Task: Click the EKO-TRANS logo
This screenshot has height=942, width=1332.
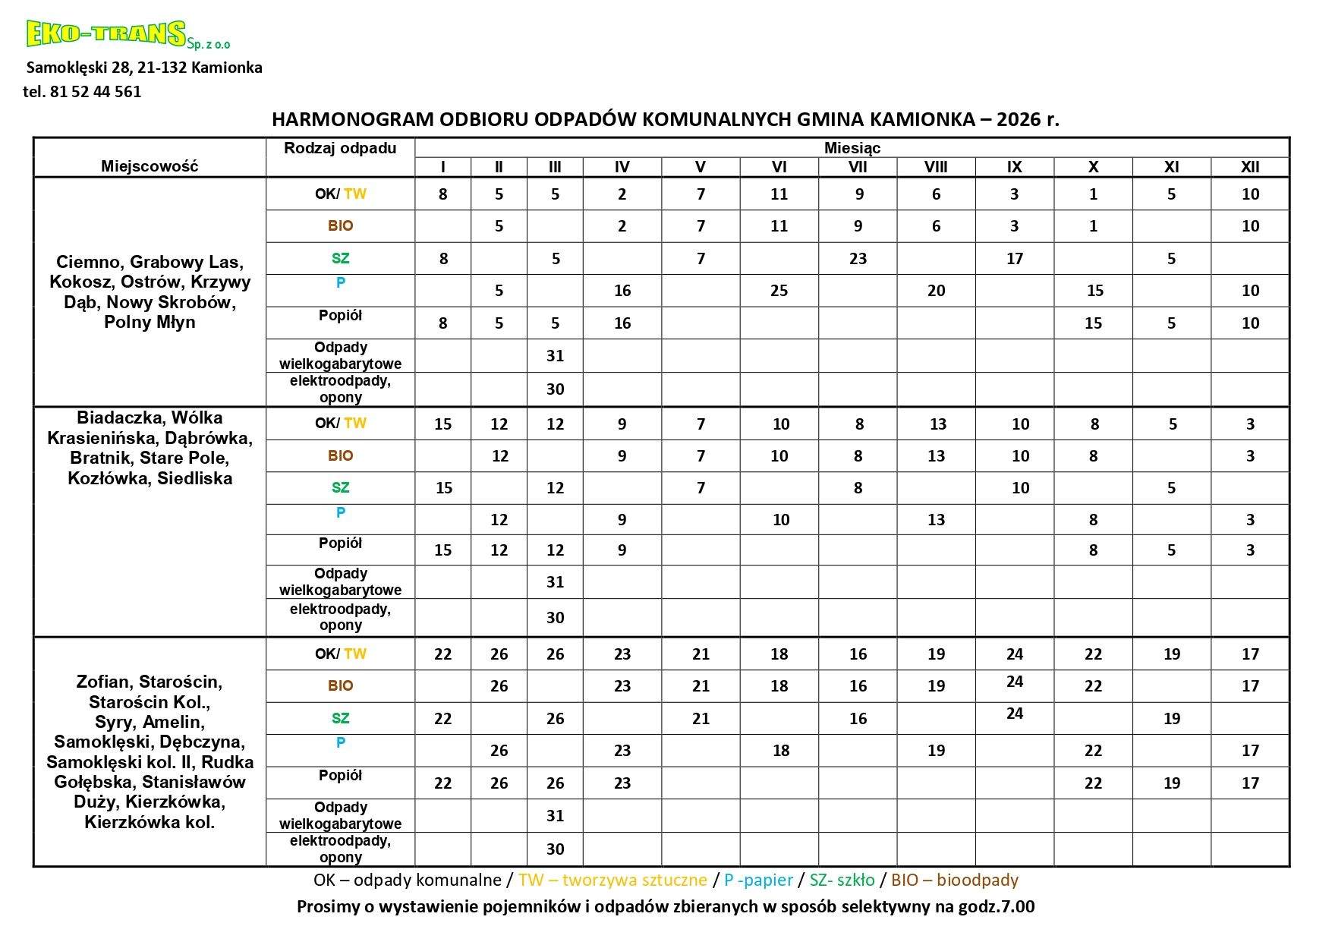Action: point(106,34)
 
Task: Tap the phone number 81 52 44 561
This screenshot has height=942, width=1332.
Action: point(96,92)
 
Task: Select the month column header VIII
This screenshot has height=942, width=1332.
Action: point(936,167)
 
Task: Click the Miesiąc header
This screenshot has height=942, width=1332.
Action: point(852,148)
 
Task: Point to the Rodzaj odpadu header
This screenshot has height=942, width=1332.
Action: point(340,148)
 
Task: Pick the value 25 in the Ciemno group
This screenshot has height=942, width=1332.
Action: point(779,291)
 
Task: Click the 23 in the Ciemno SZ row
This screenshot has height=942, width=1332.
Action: point(858,259)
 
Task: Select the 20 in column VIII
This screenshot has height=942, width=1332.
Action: point(936,291)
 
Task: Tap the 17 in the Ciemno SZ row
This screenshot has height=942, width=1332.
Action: point(1014,259)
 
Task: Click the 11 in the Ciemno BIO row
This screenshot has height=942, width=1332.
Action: point(779,226)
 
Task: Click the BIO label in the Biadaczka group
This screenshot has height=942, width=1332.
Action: point(340,455)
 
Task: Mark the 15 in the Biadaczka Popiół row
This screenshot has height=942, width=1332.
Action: point(442,550)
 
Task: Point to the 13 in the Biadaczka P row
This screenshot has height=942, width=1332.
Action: point(936,520)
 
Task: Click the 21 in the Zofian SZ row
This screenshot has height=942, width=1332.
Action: point(701,718)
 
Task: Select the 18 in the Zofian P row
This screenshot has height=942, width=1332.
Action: point(780,751)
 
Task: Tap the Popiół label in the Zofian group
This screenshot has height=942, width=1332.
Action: point(340,775)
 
